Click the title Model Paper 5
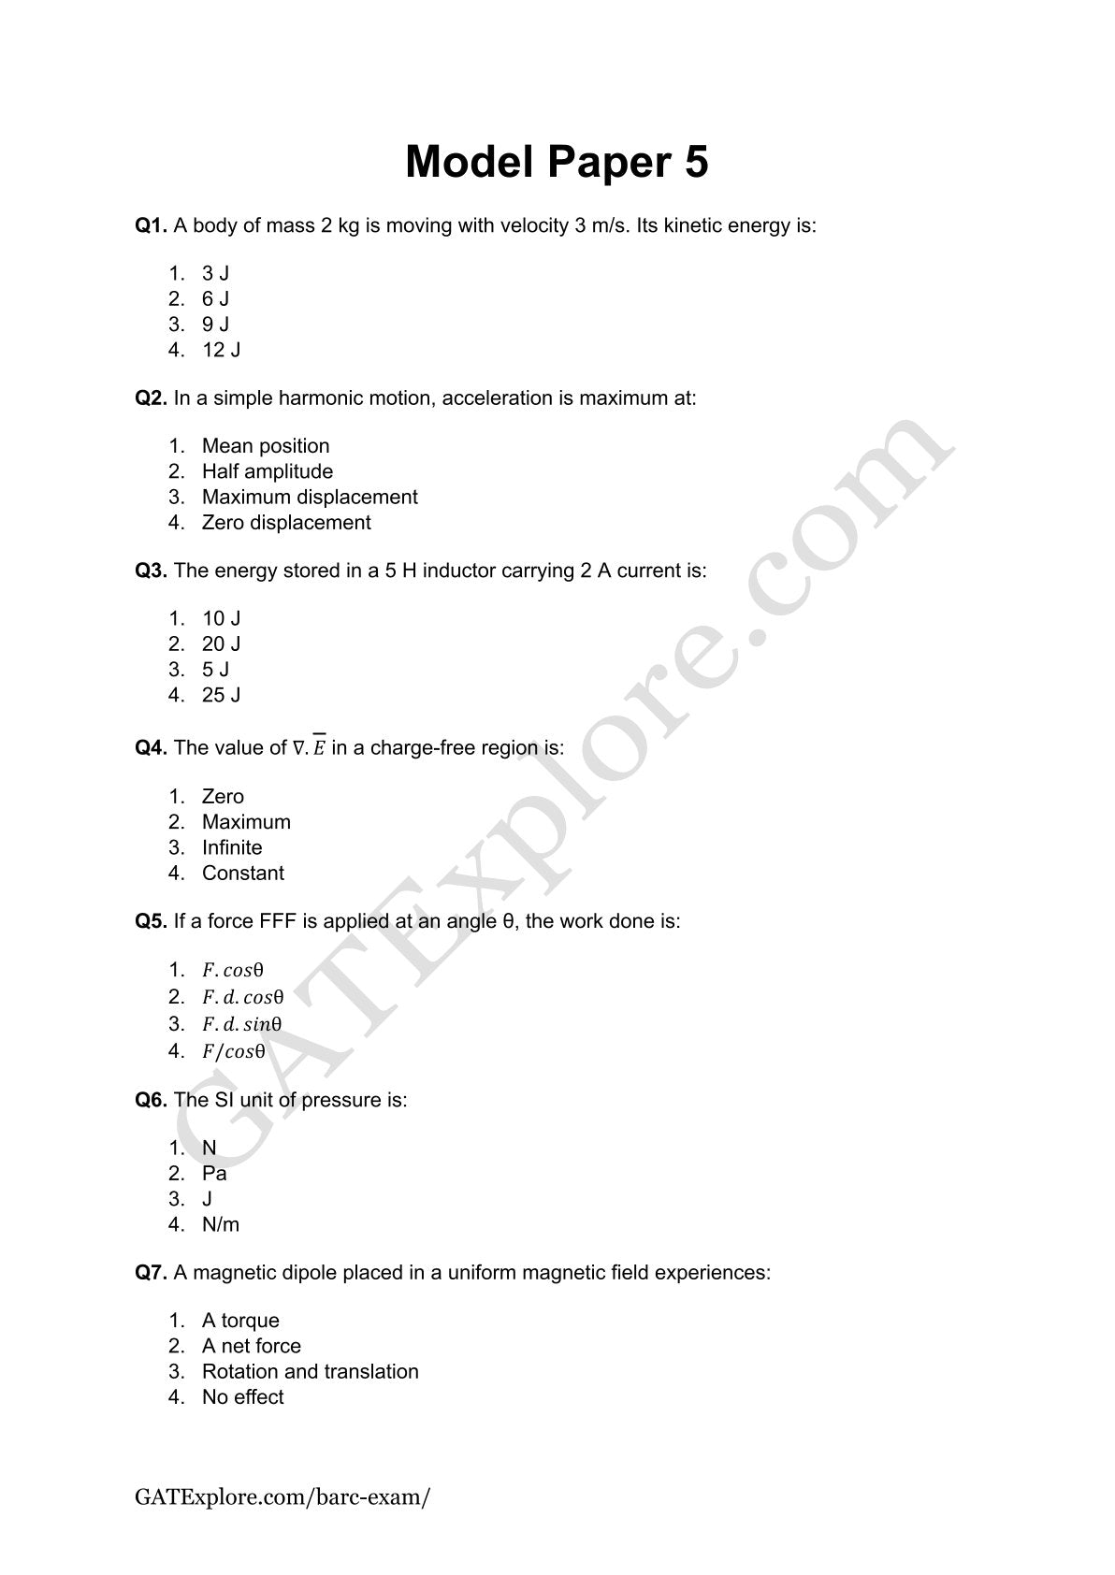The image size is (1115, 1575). click(557, 162)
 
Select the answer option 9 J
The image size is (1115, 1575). click(215, 325)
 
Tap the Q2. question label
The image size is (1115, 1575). click(151, 398)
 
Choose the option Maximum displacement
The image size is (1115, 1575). click(309, 498)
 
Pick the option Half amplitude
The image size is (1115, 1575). click(267, 471)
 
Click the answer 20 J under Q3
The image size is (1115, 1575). click(221, 644)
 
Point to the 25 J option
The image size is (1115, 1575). click(221, 695)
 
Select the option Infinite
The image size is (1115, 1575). click(232, 847)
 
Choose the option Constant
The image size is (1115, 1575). click(242, 874)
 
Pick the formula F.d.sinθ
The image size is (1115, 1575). click(241, 1024)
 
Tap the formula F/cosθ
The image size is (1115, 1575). click(233, 1051)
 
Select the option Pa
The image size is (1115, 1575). click(214, 1174)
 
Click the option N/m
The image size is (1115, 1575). click(221, 1224)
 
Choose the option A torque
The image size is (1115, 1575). click(240, 1321)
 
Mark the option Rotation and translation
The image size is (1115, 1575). click(310, 1372)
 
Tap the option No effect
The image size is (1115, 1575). click(242, 1397)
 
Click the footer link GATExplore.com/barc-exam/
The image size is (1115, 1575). click(282, 1496)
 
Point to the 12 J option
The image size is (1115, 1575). click(221, 350)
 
